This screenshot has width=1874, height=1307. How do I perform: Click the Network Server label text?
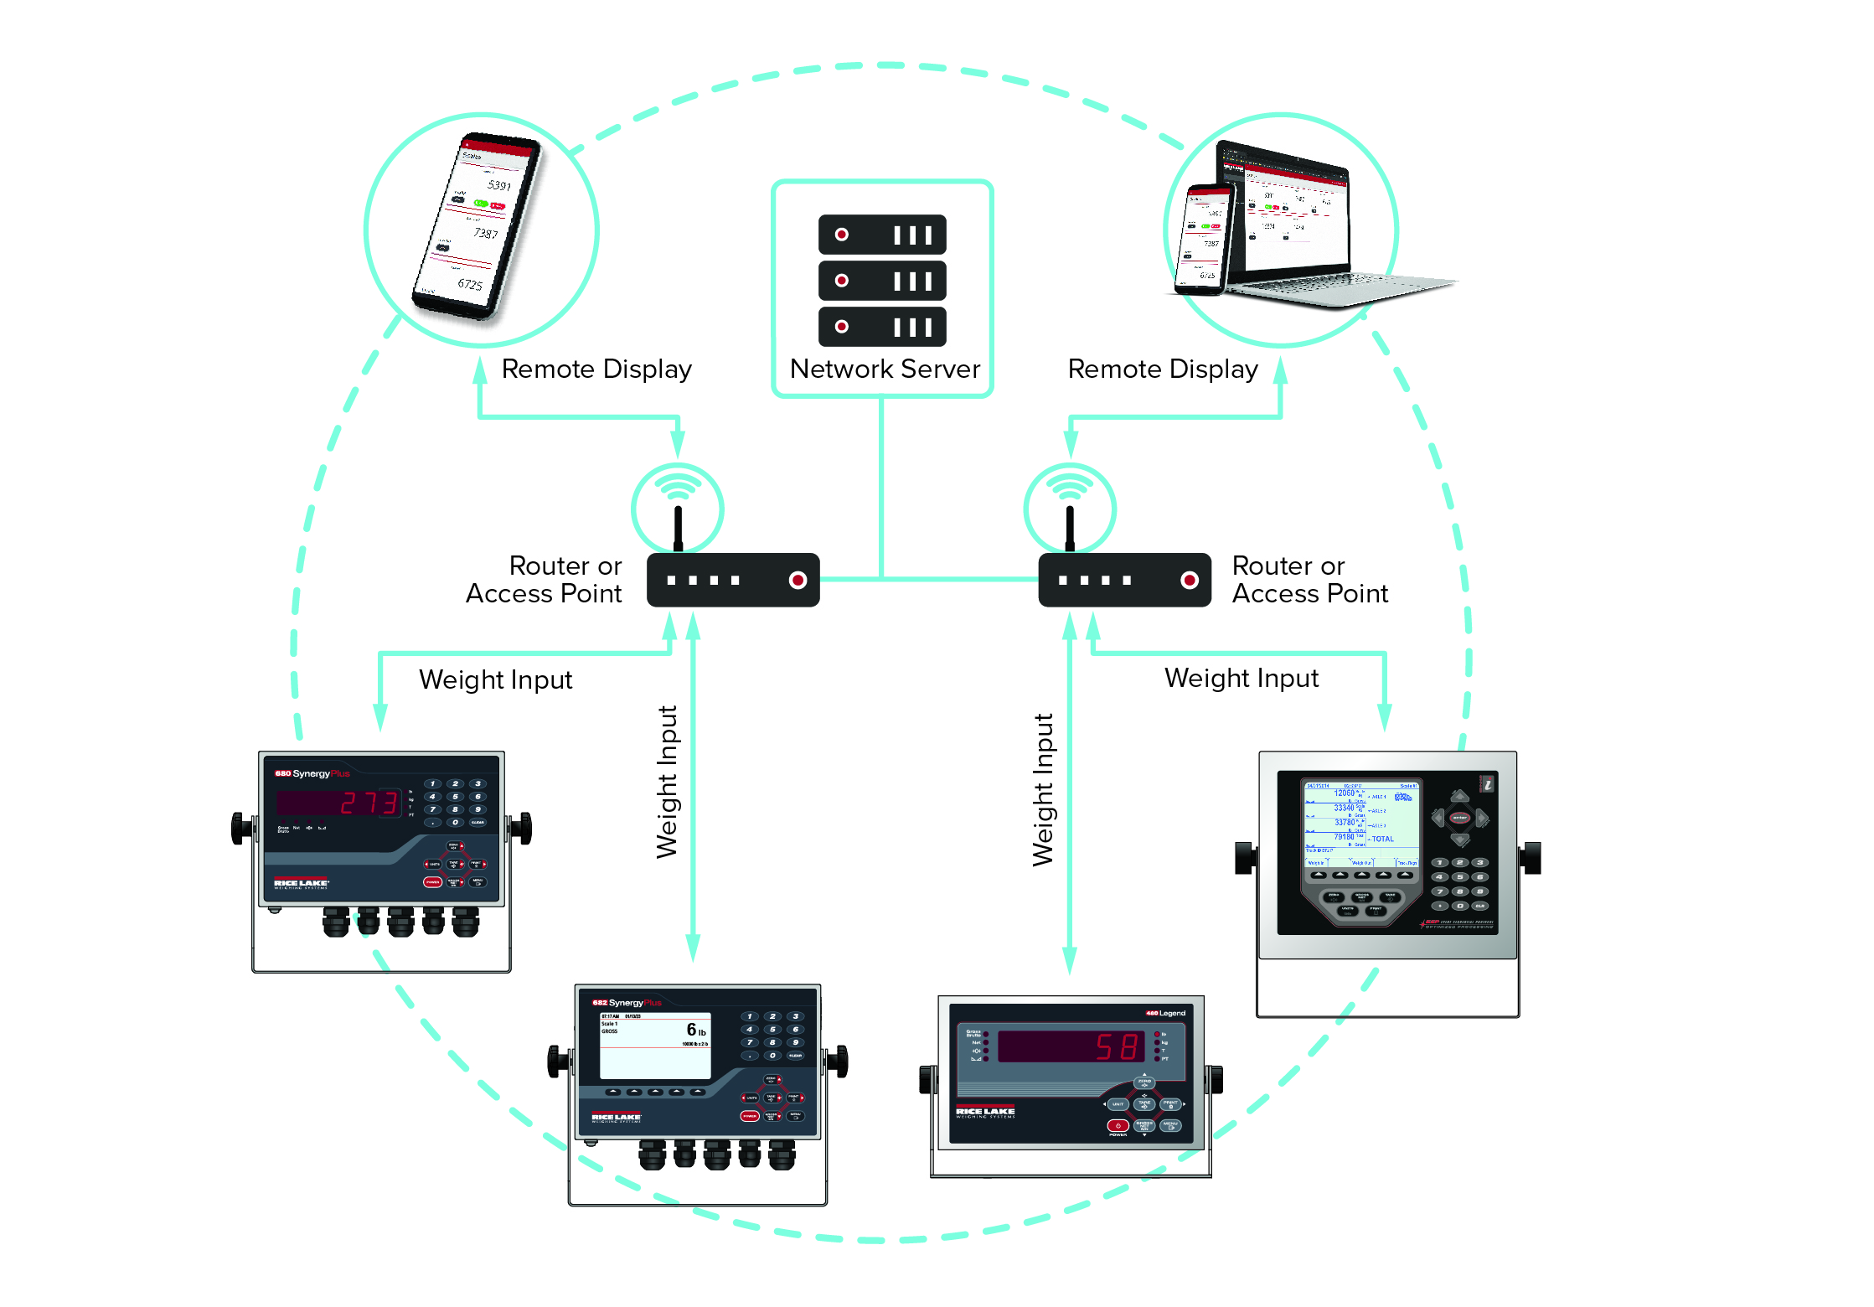885,369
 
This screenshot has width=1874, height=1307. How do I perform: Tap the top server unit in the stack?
882,235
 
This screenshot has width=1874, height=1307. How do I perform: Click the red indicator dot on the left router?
798,580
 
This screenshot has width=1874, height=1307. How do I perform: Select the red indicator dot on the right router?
1189,580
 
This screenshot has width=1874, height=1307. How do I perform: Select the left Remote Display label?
596,369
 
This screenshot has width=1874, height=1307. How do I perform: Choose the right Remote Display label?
1163,369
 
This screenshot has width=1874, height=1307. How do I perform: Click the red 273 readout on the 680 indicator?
369,803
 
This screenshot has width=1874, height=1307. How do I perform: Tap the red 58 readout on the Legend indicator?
1118,1046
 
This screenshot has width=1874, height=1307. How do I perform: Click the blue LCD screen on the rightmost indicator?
1360,825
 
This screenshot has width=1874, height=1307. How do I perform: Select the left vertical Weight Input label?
668,782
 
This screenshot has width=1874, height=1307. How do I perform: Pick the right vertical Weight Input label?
1043,789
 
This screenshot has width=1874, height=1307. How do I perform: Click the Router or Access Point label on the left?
545,580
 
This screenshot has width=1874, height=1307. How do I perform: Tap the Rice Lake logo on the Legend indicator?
985,1111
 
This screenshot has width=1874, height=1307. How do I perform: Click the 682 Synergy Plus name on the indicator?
627,1002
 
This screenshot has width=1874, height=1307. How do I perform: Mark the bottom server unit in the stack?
882,327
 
